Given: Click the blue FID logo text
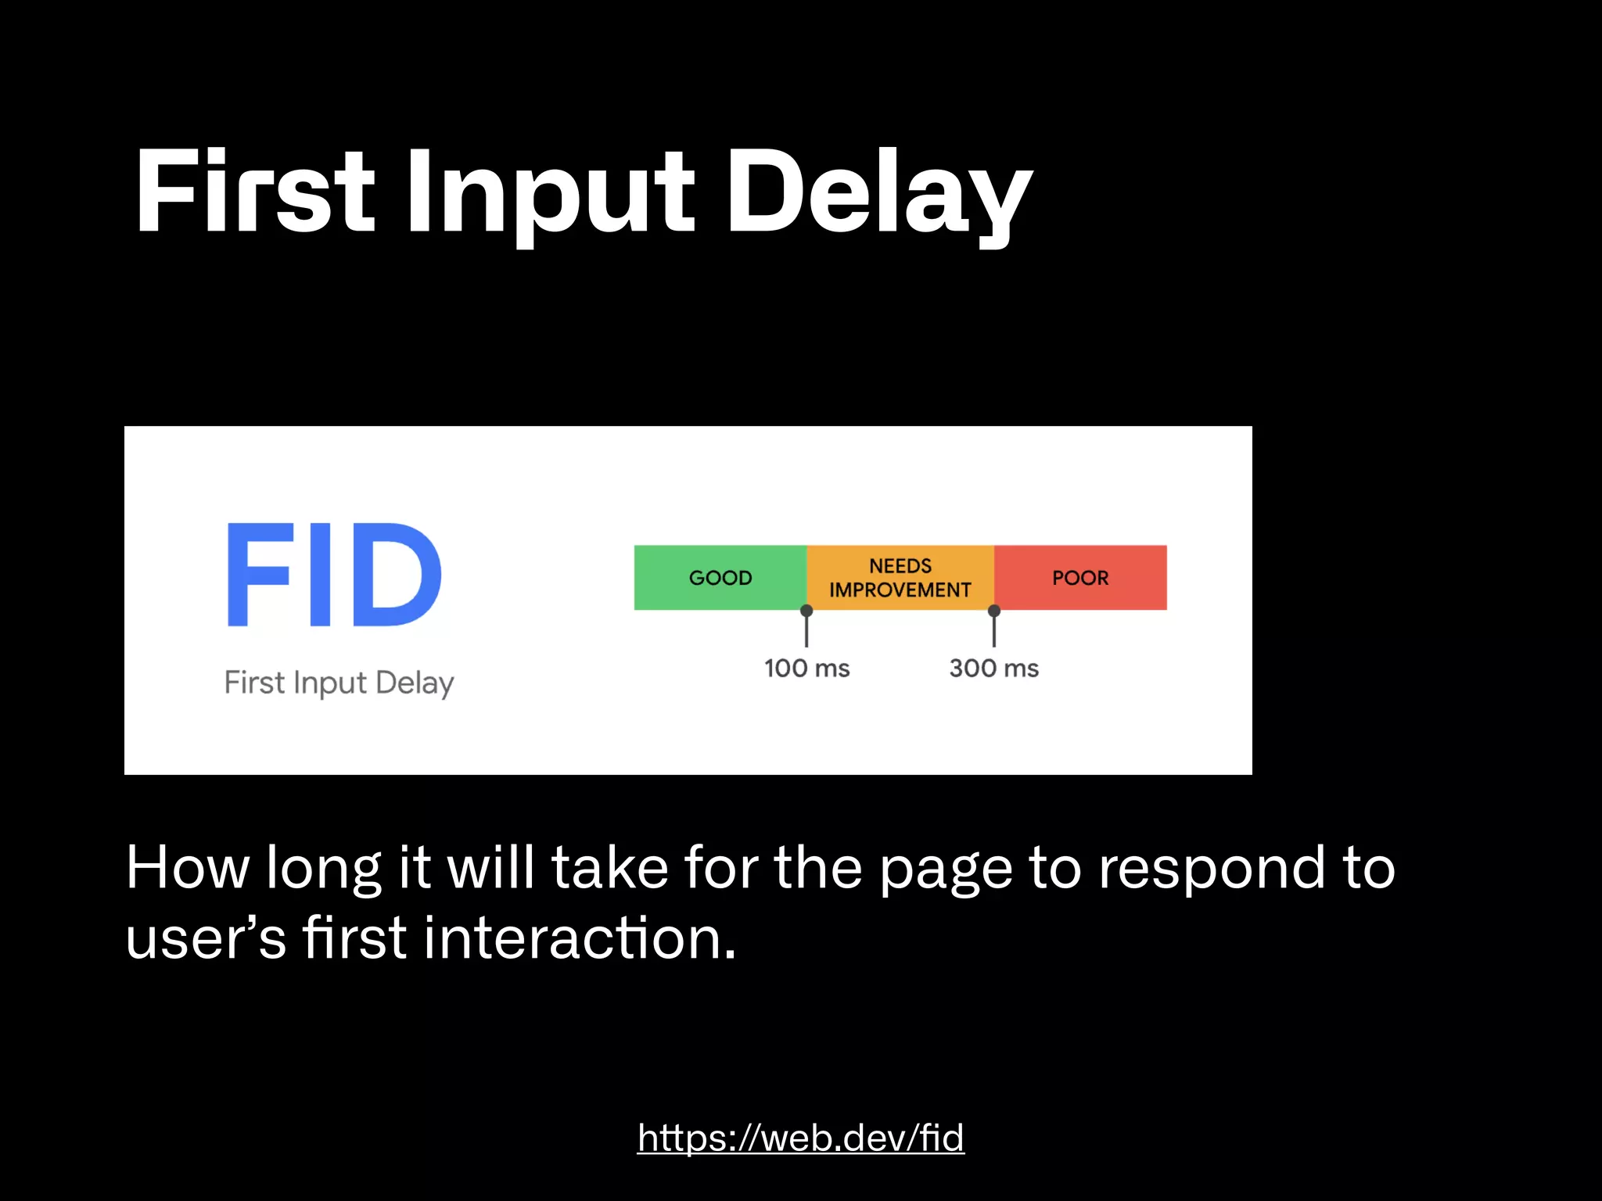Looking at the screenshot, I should [x=334, y=575].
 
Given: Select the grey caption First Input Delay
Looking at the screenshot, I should [x=339, y=683].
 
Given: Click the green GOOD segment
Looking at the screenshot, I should [x=720, y=578].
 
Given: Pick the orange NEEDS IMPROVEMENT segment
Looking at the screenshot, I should [x=900, y=578].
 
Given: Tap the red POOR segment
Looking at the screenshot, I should [x=1080, y=578].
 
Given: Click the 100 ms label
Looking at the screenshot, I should [x=806, y=669].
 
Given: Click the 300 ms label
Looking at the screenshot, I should [x=993, y=669].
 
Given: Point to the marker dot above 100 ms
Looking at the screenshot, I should [x=806, y=611].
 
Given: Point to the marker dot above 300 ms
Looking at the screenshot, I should [x=994, y=611].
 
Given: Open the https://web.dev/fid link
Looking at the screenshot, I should [x=800, y=1138].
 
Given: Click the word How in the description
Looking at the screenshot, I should [x=187, y=868].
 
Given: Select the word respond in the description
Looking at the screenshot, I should [x=1212, y=868].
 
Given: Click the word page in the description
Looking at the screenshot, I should [x=946, y=869].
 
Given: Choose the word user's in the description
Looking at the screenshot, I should [x=206, y=938].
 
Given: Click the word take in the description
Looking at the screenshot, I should [x=610, y=868].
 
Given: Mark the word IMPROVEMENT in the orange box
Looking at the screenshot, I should [x=900, y=590].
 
